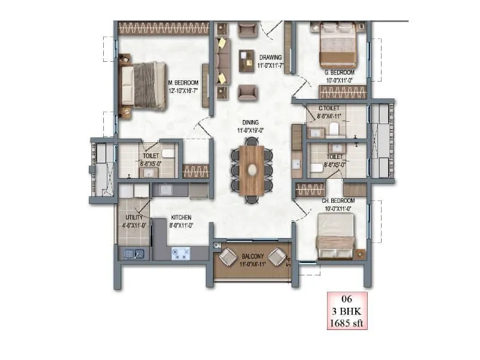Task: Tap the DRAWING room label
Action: coord(270,58)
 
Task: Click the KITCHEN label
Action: coord(181,217)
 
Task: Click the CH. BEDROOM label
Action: coord(339,201)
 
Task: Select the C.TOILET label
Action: coord(329,109)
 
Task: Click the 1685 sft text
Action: coord(345,324)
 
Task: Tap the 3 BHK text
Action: coord(345,311)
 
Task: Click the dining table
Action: coord(251,170)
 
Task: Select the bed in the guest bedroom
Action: coord(338,44)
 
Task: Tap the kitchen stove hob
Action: coord(181,253)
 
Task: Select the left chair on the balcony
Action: coord(228,257)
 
